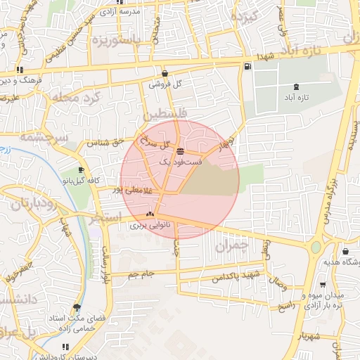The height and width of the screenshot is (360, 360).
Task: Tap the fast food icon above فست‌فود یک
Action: click(x=181, y=151)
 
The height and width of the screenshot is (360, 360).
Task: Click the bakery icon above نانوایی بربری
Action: click(x=149, y=214)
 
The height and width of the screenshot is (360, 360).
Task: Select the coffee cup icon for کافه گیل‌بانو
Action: click(x=82, y=170)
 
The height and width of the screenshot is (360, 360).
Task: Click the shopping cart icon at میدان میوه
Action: click(x=323, y=285)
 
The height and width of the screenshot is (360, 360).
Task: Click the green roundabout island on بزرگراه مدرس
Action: click(x=316, y=247)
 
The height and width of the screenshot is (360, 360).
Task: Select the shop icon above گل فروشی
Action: click(x=165, y=72)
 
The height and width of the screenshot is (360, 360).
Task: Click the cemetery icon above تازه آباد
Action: click(x=295, y=86)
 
